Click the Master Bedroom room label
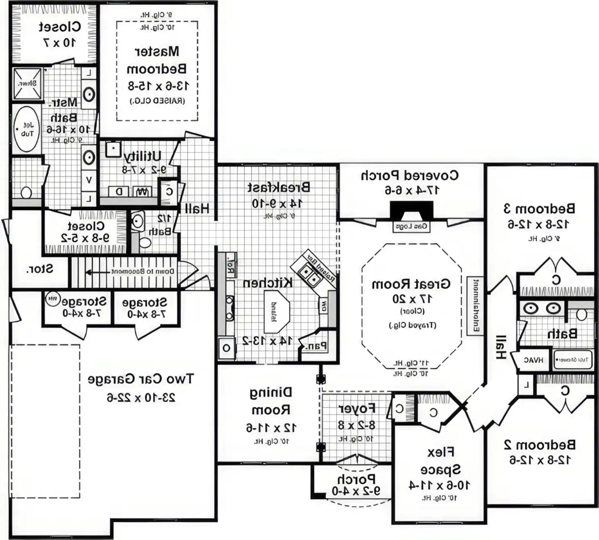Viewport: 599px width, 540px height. click(x=157, y=60)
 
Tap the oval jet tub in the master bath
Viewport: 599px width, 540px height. click(x=27, y=129)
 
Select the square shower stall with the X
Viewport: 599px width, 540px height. click(x=27, y=83)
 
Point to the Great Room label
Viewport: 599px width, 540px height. click(x=411, y=284)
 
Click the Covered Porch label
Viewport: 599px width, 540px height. click(x=409, y=176)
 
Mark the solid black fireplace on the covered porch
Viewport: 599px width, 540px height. click(x=411, y=211)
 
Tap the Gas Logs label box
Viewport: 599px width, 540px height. click(x=411, y=227)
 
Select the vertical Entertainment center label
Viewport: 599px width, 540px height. click(x=475, y=306)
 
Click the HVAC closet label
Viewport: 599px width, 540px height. click(x=533, y=360)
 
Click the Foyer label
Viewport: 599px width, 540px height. click(x=357, y=409)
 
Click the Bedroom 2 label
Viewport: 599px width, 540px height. click(x=540, y=445)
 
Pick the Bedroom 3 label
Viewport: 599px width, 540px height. click(x=539, y=209)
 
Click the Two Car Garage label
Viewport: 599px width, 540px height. click(x=141, y=379)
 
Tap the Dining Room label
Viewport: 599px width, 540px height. click(x=271, y=401)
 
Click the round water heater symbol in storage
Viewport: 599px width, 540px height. click(x=52, y=299)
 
